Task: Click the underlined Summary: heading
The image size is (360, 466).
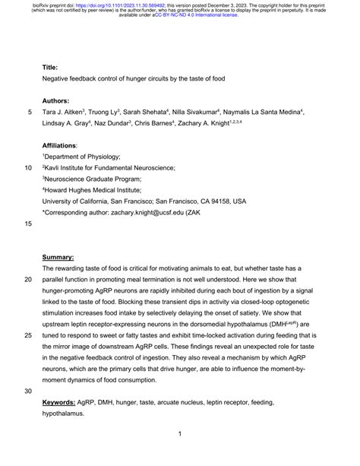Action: coord(58,258)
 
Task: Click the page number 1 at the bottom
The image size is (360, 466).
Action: coord(179,435)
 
